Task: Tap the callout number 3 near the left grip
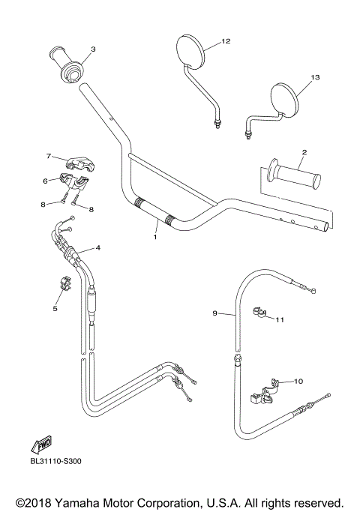coord(93,50)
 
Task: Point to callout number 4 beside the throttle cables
coord(98,247)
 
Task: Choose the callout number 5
coord(55,307)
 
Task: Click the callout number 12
coord(226,40)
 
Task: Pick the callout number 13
coord(315,77)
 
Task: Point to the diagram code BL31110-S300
coord(56,462)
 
